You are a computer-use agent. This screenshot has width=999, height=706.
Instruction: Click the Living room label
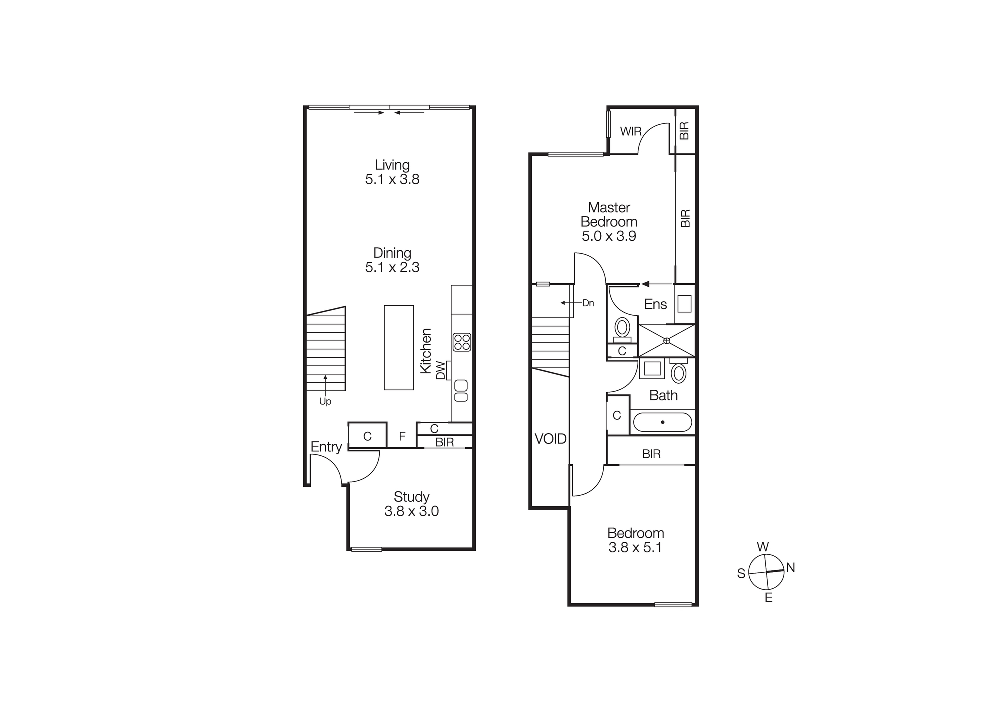tap(392, 172)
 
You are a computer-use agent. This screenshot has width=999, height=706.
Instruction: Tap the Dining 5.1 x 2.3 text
tap(392, 260)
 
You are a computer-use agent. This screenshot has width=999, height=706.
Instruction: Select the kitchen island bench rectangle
tap(399, 347)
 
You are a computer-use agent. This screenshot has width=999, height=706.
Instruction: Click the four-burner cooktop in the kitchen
tap(462, 342)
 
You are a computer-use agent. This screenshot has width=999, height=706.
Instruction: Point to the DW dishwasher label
tap(441, 370)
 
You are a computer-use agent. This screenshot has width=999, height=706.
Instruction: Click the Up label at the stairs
tap(325, 401)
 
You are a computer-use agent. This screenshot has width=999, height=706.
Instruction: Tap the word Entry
tap(326, 447)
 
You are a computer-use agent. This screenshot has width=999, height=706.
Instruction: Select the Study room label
tap(411, 504)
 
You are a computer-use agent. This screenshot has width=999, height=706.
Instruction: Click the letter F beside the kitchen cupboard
tap(402, 437)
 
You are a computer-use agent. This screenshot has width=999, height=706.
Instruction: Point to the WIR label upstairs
tap(631, 131)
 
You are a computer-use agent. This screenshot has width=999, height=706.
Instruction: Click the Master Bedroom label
tap(609, 221)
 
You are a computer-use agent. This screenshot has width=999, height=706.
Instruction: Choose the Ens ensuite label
tap(655, 304)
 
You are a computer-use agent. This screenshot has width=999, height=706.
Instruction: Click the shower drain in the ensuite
tap(667, 341)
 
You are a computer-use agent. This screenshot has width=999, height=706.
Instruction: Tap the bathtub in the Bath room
tap(662, 422)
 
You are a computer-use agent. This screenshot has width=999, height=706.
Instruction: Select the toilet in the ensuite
tap(622, 328)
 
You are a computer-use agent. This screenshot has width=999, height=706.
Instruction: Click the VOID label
tap(550, 439)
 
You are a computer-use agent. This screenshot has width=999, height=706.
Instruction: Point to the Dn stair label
tap(588, 303)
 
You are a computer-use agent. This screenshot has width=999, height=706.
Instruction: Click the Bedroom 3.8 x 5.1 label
tap(635, 540)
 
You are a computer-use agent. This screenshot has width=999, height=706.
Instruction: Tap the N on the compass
tap(790, 567)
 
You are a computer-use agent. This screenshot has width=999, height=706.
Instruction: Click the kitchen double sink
tap(461, 391)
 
